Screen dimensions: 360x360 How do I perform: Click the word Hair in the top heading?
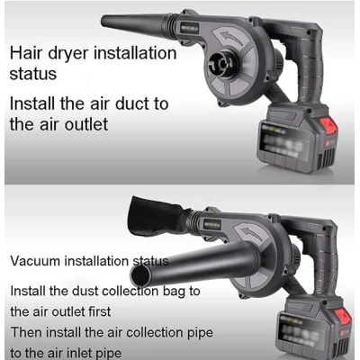[26, 53]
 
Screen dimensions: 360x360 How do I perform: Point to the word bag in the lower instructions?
[174, 292]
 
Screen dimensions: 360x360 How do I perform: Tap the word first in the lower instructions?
[99, 311]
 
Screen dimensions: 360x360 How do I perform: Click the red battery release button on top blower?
[328, 127]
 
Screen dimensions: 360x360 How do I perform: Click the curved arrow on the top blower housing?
[231, 38]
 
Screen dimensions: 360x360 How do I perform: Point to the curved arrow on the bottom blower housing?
[251, 234]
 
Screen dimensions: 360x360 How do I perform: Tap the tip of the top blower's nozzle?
[103, 21]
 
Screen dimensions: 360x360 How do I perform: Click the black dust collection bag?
[156, 216]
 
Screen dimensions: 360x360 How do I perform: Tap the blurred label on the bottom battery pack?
[300, 331]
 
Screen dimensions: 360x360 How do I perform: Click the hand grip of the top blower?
[309, 69]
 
